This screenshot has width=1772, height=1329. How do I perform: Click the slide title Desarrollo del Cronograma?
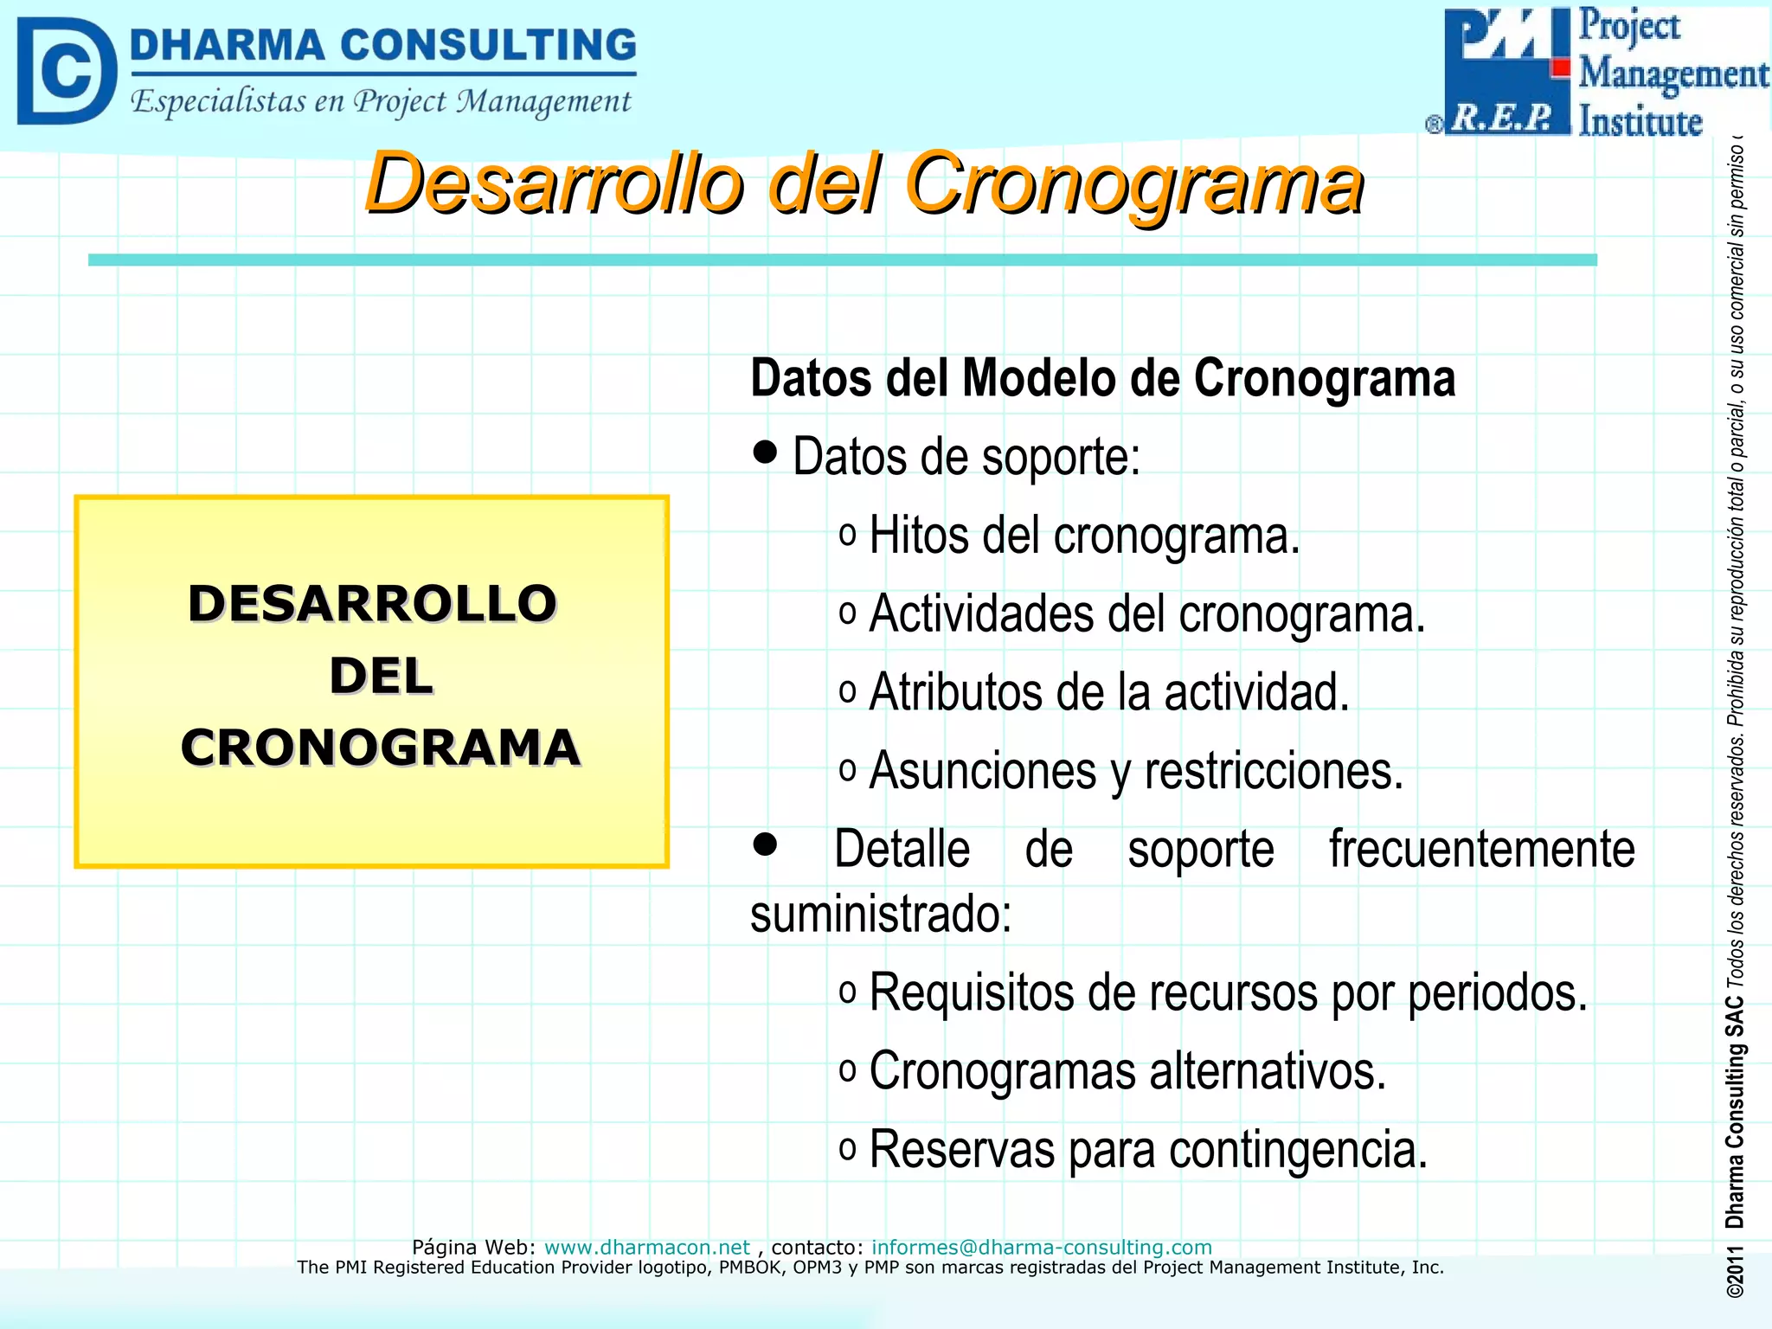pos(864,183)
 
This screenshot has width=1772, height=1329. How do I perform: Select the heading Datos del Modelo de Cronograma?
pos(1102,379)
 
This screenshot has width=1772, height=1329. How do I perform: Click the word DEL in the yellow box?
pos(381,676)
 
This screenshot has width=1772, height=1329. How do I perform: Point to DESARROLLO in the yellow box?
pos(372,603)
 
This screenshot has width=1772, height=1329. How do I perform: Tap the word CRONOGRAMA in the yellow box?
pos(380,748)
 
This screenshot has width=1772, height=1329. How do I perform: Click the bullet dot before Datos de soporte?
pos(765,451)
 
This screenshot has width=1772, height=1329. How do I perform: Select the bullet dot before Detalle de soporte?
pos(765,844)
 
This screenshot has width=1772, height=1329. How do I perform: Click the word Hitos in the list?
pos(919,536)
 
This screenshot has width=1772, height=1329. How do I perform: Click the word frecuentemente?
pos(1481,849)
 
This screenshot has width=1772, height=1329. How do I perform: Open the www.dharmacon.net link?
pos(646,1247)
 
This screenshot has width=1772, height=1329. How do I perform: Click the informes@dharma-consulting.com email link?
pos(1041,1247)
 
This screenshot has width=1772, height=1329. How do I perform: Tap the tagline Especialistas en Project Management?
pos(381,102)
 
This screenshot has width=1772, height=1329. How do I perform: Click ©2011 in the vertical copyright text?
pos(1735,1271)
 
